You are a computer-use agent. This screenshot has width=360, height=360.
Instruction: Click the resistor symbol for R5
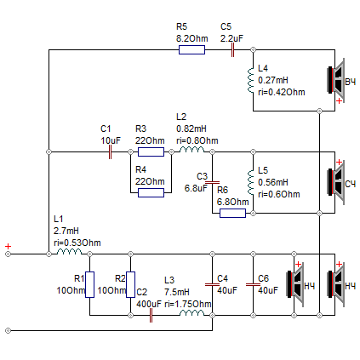[191, 50]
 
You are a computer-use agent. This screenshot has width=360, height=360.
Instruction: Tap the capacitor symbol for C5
[232, 50]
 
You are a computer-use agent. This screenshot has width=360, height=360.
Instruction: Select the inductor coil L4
[250, 80]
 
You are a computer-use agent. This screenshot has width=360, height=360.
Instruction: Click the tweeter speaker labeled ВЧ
[336, 80]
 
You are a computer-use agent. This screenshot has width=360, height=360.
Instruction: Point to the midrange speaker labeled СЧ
[336, 182]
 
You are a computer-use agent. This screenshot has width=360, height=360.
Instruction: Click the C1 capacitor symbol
[110, 152]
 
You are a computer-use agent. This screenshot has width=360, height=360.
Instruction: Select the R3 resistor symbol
[151, 152]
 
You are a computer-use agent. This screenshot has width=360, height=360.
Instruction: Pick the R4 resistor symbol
[151, 193]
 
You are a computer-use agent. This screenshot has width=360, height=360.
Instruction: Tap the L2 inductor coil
[191, 150]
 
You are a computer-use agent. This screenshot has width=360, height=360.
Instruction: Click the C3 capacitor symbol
[212, 182]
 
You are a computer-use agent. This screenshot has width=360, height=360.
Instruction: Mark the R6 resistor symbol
[232, 214]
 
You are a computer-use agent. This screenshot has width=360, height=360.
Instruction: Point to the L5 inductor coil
[250, 182]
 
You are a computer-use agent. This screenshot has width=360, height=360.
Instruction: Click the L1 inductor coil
[69, 252]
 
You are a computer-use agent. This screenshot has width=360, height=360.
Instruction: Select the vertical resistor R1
[89, 284]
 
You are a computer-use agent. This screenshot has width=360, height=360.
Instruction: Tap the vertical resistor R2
[130, 284]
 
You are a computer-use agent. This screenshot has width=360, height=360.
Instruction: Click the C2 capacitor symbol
[151, 316]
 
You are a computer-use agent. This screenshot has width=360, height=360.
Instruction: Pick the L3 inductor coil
[191, 313]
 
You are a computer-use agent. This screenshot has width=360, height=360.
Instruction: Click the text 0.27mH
[273, 80]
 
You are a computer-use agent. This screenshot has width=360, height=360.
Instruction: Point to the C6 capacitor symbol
[253, 284]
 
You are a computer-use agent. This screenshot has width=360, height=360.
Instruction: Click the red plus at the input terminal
[8, 246]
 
